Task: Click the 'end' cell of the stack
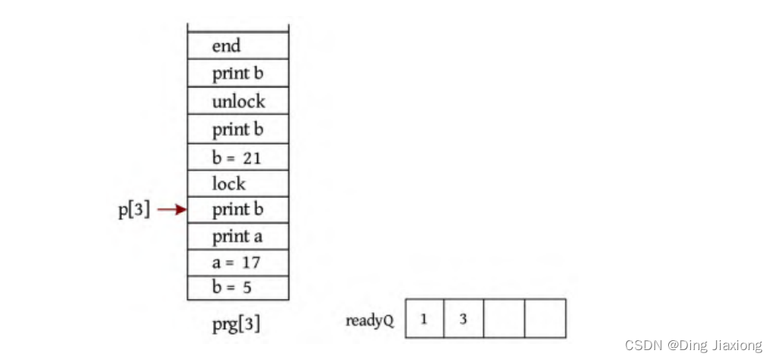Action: (237, 46)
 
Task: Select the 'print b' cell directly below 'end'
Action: (237, 74)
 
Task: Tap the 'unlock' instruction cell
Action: (237, 101)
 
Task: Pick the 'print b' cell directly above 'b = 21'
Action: (237, 129)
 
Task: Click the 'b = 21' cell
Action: (237, 158)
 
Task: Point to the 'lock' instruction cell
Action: (237, 183)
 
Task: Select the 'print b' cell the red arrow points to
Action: (237, 209)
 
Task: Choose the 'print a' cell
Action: (237, 237)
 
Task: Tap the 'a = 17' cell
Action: (237, 263)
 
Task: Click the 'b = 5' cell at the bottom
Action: (237, 288)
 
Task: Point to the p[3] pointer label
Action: (134, 210)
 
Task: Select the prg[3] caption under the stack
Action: (236, 324)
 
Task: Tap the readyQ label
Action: (370, 320)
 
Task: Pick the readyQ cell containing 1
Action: (424, 318)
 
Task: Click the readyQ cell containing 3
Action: (463, 318)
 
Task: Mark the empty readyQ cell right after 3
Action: (504, 318)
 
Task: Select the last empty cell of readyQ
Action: (545, 318)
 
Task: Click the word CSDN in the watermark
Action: (644, 346)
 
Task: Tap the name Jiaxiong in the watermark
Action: (737, 346)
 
